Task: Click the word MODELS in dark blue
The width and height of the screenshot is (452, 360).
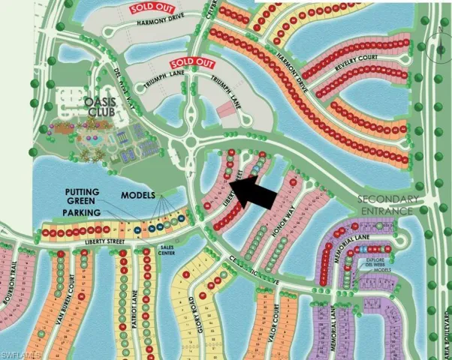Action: click(x=140, y=196)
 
